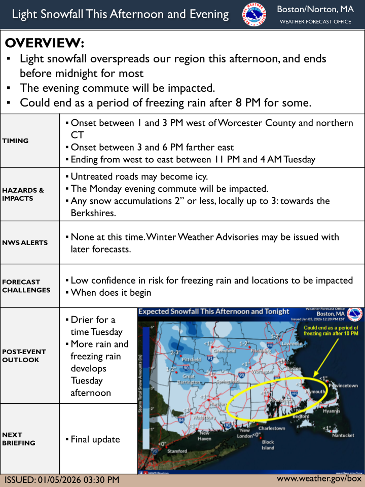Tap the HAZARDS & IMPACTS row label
tap(23, 194)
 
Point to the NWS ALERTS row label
tap(25, 242)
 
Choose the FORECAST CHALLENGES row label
tap(26, 286)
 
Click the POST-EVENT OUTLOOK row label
tap(24, 356)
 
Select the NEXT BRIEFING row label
tap(19, 439)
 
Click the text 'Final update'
tap(95, 439)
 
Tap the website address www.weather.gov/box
tap(319, 478)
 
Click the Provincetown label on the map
tap(343, 386)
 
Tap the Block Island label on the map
tap(268, 445)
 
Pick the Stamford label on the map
tap(177, 451)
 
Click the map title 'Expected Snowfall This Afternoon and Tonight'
tap(213, 311)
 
